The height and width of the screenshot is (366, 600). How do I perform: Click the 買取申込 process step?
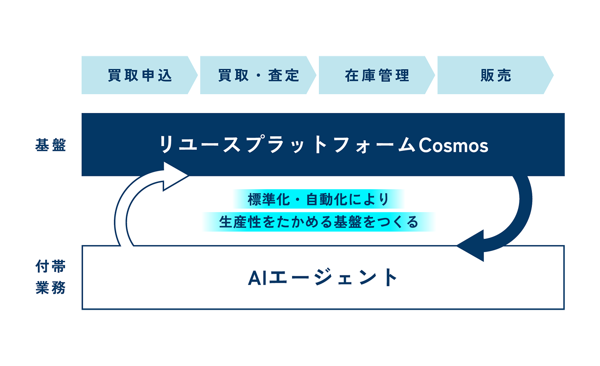(x=139, y=75)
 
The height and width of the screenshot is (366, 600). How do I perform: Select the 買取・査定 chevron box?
(x=258, y=75)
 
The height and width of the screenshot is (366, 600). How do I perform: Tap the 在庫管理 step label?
(x=377, y=75)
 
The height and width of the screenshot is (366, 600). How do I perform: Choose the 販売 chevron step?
(x=496, y=75)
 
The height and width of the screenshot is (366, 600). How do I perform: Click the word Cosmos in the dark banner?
(x=453, y=146)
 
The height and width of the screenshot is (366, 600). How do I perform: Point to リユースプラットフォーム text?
(x=287, y=145)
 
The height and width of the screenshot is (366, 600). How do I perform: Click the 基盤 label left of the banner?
(x=51, y=145)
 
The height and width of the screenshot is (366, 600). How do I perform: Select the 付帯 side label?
(x=51, y=266)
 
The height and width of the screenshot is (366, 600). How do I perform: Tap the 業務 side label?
(x=51, y=288)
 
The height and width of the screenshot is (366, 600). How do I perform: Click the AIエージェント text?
(x=323, y=278)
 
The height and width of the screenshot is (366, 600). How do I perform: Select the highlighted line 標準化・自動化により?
(x=318, y=199)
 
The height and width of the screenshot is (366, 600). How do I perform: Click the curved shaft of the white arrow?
(x=123, y=209)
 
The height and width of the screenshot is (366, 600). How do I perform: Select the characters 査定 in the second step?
(x=284, y=75)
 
